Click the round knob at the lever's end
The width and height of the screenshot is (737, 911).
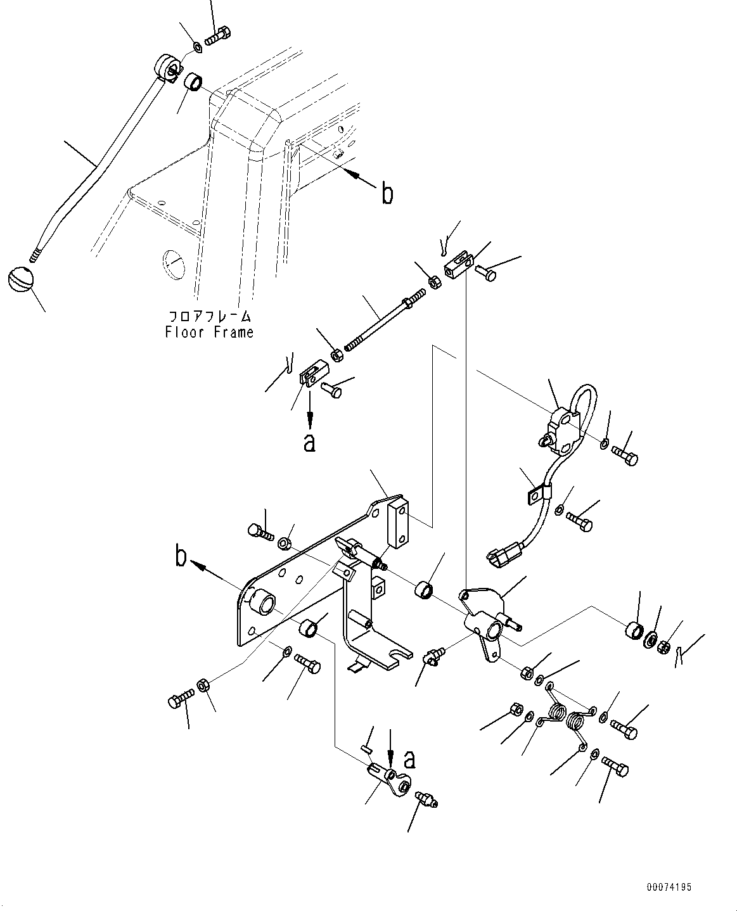coord(20,278)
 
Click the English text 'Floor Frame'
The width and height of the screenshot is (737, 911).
coord(209,332)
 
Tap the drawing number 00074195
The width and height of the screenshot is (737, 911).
coord(669,888)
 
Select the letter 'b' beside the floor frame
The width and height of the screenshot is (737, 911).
coord(387,194)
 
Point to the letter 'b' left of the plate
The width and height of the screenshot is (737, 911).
coord(181,557)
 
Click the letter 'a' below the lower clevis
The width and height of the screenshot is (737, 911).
coord(309,442)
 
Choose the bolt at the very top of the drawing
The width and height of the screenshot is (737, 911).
coord(219,36)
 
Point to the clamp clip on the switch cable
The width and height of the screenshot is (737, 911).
coord(539,492)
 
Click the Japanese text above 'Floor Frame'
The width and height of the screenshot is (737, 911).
coord(209,315)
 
